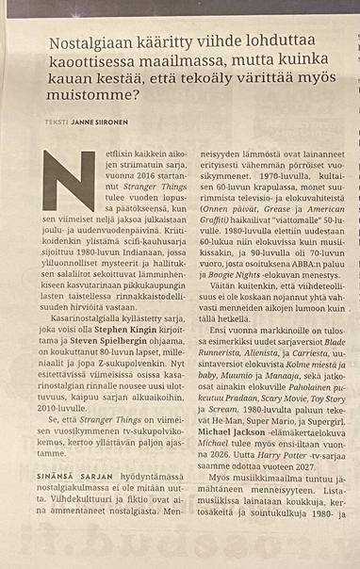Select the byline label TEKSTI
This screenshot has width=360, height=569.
[x=56, y=122]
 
